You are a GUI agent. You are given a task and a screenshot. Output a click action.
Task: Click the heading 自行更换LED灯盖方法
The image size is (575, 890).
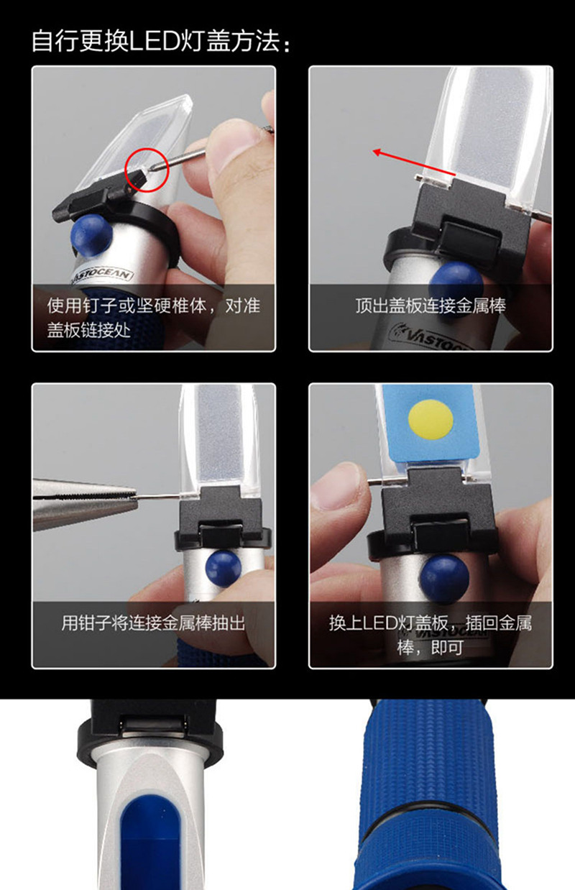tap(161, 41)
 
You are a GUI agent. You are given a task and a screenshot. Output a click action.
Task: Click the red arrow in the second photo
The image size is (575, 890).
tap(414, 162)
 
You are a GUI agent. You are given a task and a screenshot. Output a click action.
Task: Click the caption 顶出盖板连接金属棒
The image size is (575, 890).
tap(431, 306)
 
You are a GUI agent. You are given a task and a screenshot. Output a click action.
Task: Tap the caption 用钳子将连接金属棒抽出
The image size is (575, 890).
tap(153, 623)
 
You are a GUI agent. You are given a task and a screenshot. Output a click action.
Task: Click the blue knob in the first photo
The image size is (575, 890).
tap(91, 235)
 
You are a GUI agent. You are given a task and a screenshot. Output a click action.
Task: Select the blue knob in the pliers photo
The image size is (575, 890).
tap(224, 569)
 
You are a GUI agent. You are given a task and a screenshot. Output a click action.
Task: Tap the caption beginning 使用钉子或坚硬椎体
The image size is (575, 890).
tap(153, 318)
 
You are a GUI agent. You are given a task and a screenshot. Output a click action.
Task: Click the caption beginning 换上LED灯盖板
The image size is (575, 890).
tap(431, 636)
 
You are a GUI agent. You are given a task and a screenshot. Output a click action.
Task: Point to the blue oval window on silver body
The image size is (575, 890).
tap(150, 842)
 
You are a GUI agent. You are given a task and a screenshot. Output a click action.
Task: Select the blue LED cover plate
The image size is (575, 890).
tap(431, 423)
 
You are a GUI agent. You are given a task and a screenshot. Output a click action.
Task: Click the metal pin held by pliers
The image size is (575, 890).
tap(157, 496)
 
